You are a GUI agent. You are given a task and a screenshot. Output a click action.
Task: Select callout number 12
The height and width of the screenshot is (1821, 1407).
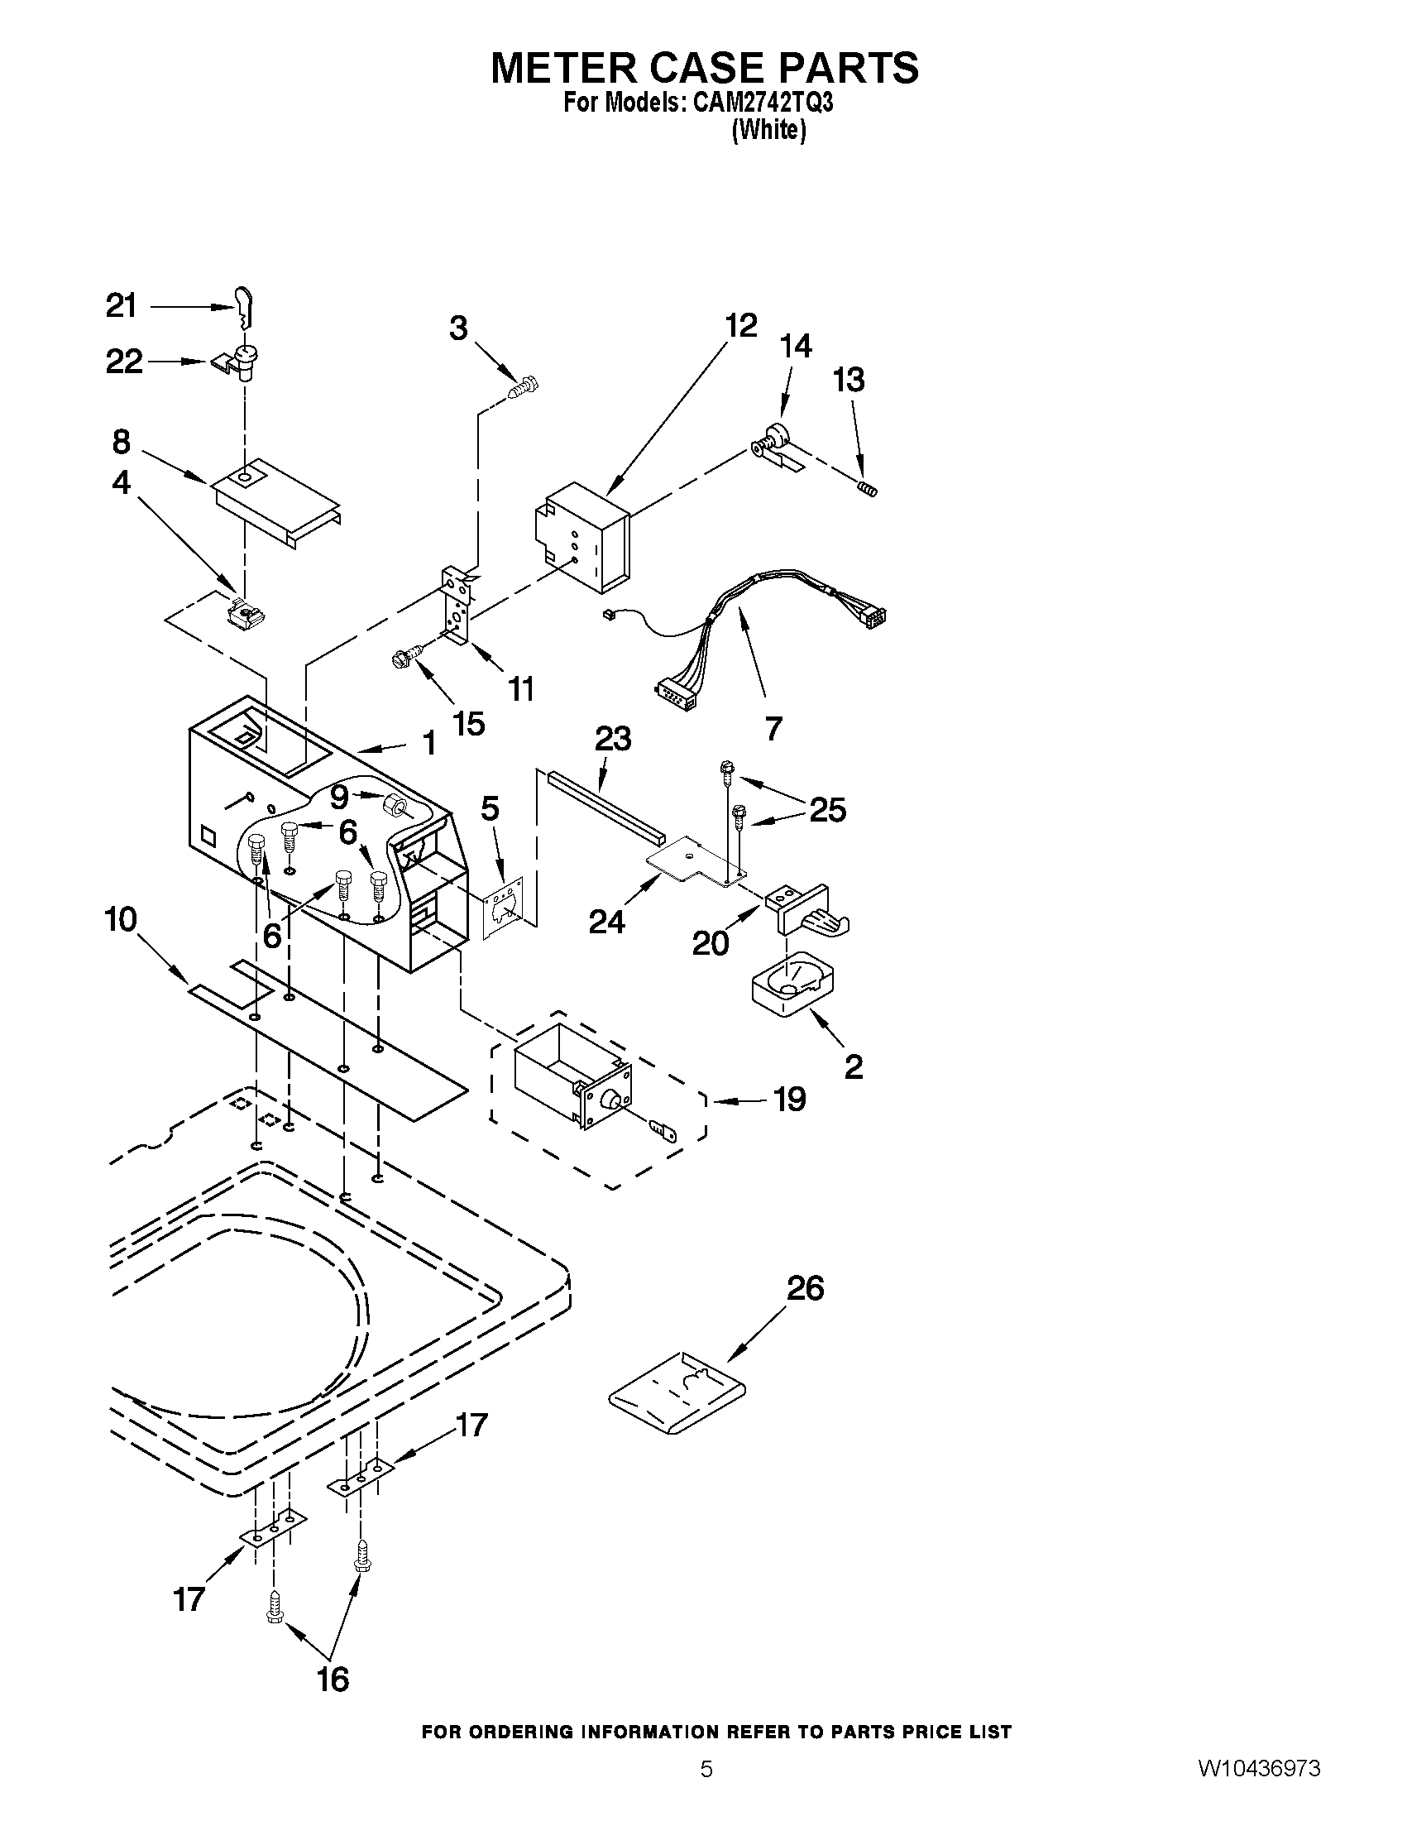[x=740, y=325]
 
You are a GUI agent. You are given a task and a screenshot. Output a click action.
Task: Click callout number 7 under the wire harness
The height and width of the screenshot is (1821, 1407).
[x=773, y=729]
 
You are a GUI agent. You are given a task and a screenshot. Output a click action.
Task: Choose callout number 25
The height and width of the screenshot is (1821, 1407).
[x=828, y=810]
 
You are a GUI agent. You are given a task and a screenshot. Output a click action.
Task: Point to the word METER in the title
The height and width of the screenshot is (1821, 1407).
[x=567, y=68]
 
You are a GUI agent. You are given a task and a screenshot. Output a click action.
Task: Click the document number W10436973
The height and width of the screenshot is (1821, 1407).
[x=1259, y=1788]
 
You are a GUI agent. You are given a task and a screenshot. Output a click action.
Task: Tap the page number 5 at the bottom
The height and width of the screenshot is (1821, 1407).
[x=706, y=1788]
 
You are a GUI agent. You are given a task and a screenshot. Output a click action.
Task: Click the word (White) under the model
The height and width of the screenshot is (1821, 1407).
[x=768, y=131]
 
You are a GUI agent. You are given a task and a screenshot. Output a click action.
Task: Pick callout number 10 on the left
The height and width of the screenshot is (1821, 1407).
[x=121, y=920]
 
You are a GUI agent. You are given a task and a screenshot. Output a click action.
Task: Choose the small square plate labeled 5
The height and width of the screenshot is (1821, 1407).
[x=504, y=906]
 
